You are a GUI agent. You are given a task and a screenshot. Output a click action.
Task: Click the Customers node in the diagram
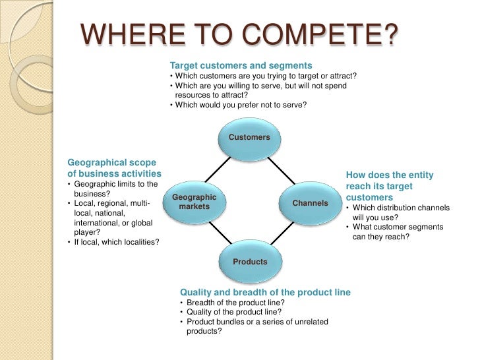coord(249,137)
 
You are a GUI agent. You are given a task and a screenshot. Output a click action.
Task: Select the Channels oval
coord(310,203)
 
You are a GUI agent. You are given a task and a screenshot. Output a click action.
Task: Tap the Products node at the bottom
coord(250,262)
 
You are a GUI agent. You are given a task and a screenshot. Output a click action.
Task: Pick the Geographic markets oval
coord(194,202)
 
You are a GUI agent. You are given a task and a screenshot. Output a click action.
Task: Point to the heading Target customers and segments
coord(241,66)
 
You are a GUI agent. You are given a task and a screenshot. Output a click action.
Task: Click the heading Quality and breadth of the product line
coord(265,292)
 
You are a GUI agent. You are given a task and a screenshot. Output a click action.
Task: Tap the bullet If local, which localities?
coord(116,242)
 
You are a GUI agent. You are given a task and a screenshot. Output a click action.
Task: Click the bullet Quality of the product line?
coord(234,312)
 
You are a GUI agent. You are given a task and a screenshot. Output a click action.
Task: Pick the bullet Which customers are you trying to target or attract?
coord(264,76)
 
